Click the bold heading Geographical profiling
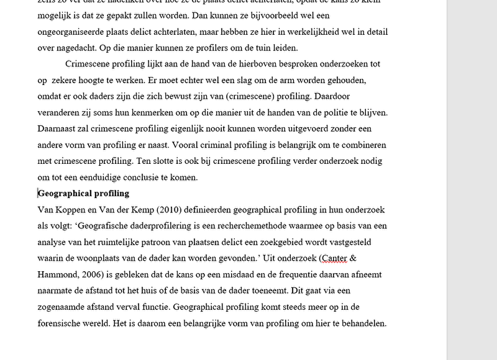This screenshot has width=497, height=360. (84, 194)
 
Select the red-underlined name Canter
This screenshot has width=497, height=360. (334, 258)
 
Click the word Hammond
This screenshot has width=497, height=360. (57, 274)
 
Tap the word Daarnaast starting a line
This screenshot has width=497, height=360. (58, 128)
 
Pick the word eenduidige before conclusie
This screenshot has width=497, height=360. (102, 177)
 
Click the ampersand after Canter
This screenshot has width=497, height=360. (354, 258)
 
